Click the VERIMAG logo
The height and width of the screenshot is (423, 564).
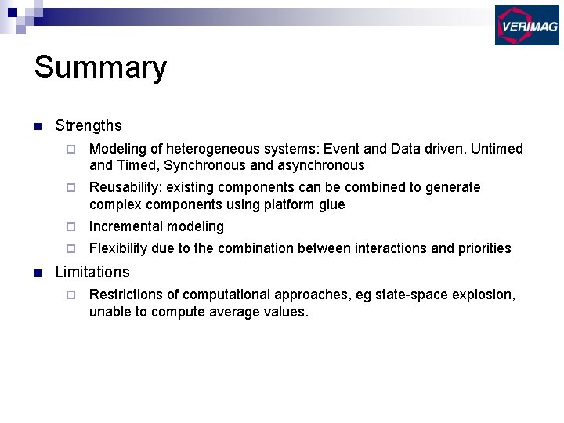[x=526, y=24]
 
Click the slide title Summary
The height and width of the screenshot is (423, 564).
[x=100, y=67]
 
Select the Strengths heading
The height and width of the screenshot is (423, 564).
[x=89, y=125]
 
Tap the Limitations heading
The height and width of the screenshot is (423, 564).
[x=92, y=272]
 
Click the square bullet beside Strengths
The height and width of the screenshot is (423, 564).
[x=38, y=126]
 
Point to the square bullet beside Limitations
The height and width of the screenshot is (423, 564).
[x=38, y=273]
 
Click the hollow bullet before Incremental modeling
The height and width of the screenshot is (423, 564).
[x=70, y=227]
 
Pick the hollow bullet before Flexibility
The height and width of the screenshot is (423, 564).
[x=70, y=249]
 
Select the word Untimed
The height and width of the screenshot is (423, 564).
[x=497, y=149]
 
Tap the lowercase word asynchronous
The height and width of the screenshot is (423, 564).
[x=321, y=165]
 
